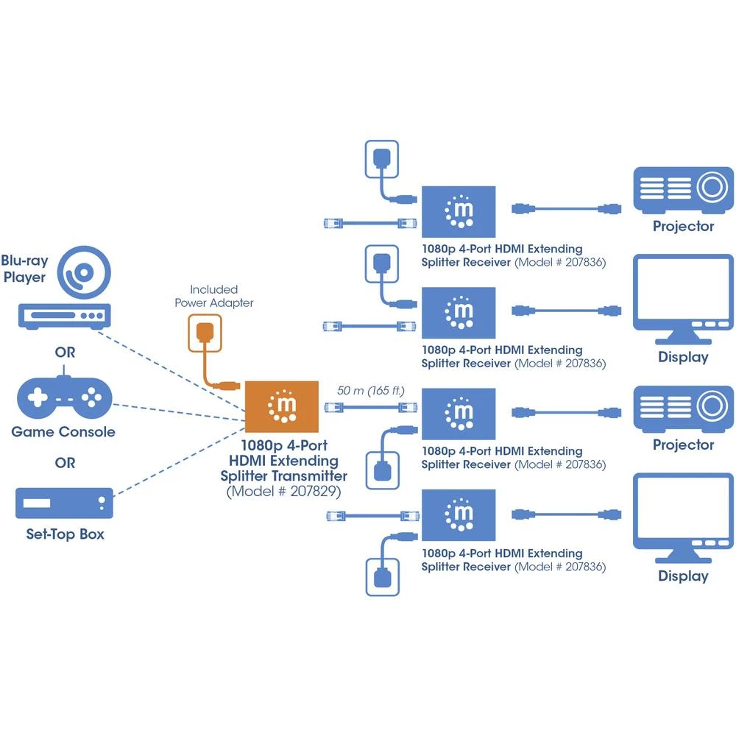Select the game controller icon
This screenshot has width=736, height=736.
point(65,397)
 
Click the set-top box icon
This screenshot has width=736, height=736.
point(65,504)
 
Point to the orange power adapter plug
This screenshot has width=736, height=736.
point(206,333)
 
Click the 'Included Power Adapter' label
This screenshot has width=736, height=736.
point(213,296)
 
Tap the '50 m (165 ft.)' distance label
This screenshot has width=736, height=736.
point(370,389)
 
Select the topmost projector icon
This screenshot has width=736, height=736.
point(684,189)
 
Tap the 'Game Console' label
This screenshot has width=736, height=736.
point(63,432)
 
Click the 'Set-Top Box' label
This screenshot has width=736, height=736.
point(65,534)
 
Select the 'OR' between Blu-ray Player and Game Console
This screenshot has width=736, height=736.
point(65,353)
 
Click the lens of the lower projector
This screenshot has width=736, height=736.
point(711,406)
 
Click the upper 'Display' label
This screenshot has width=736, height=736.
point(683,358)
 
